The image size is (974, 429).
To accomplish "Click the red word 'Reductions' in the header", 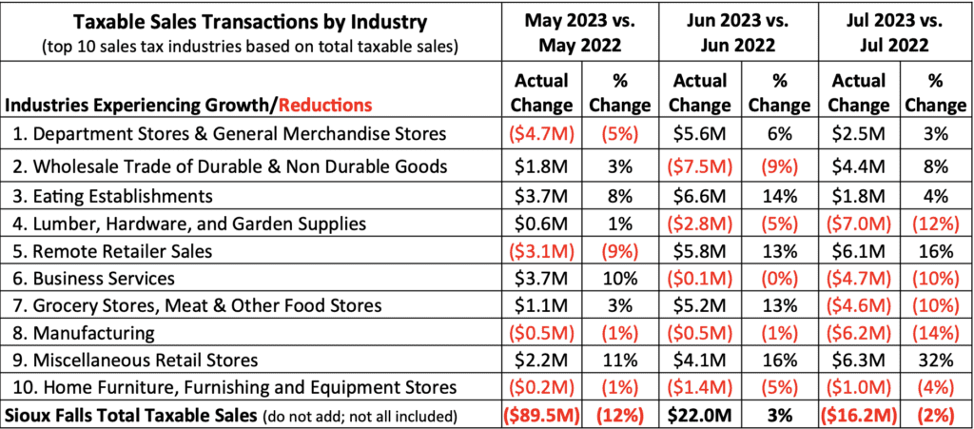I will tap(325, 105).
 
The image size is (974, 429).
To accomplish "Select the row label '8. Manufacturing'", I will tap(86, 333).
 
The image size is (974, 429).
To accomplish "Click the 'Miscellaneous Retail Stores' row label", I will tap(143, 361).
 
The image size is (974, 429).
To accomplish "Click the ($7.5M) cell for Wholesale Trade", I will tap(699, 166).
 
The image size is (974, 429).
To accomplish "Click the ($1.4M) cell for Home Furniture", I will tap(699, 387).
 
